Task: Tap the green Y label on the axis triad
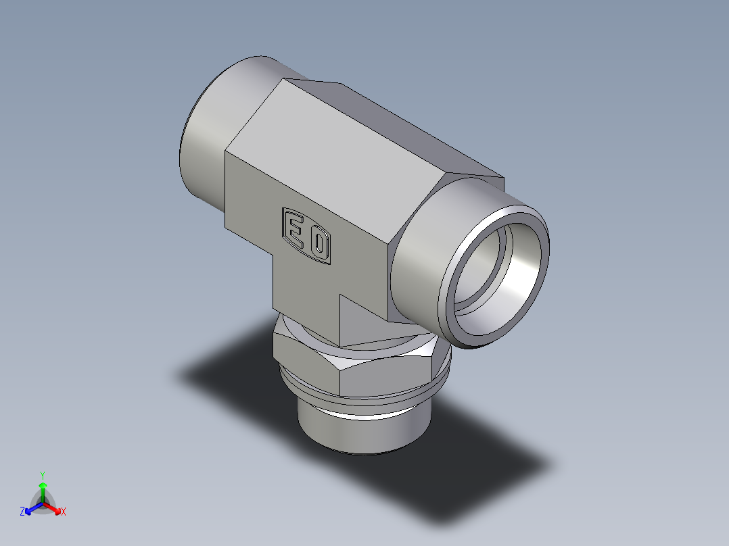42,475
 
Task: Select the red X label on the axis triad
64,512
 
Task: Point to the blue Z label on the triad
22,512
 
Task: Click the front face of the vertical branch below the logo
304,297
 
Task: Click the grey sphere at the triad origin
43,504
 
